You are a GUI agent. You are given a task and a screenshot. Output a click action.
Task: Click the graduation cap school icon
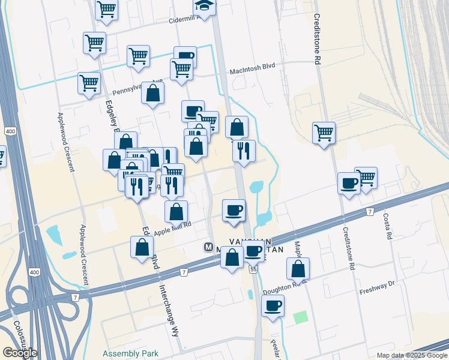tap(204, 7)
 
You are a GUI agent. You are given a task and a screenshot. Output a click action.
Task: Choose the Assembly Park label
tap(130, 353)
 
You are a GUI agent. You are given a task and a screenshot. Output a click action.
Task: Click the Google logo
tap(20, 353)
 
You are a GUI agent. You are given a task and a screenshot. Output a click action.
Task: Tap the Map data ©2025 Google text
tap(411, 355)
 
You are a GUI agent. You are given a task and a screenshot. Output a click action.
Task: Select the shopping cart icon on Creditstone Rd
tap(324, 132)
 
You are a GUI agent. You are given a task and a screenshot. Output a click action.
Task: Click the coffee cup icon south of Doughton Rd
tap(273, 305)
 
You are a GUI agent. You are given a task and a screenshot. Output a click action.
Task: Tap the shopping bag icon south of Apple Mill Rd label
tap(142, 247)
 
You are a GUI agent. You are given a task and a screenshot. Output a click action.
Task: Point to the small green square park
tap(300, 317)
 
